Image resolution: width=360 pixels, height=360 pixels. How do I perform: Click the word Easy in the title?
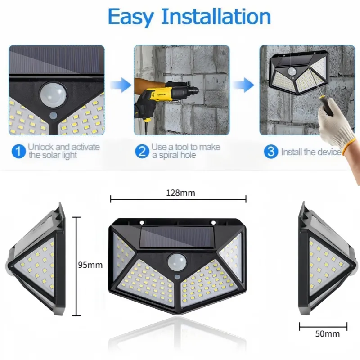tap(130, 17)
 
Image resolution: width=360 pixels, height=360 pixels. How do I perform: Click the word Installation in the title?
tap(216, 16)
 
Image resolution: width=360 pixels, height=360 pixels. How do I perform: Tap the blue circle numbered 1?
tap(18, 152)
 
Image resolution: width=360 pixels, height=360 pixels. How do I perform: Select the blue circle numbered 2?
tap(142, 152)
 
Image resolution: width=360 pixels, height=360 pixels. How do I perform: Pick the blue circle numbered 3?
tap(271, 152)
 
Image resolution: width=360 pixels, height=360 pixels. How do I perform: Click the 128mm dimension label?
tap(181, 193)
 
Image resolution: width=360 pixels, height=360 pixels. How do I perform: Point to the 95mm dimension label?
tap(90, 265)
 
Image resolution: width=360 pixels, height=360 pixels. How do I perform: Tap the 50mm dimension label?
tap(328, 333)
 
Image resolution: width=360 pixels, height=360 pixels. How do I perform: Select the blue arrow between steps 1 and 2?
tap(121, 85)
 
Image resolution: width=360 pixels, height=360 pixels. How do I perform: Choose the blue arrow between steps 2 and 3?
tap(244, 85)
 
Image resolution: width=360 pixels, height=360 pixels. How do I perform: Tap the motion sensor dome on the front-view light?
tap(177, 262)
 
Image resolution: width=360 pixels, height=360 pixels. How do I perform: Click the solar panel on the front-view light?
tap(176, 237)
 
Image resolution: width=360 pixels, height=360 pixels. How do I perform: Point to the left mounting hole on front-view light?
tap(142, 222)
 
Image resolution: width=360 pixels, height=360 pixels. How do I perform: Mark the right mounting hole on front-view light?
tap(213, 222)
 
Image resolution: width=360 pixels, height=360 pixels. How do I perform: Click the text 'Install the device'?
tap(311, 152)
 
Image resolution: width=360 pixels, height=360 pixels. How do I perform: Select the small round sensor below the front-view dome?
tap(177, 277)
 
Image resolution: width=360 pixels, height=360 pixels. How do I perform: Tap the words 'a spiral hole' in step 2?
tap(174, 155)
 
